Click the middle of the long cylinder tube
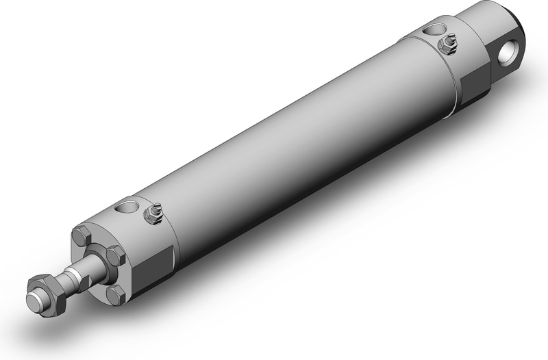point(295,137)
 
